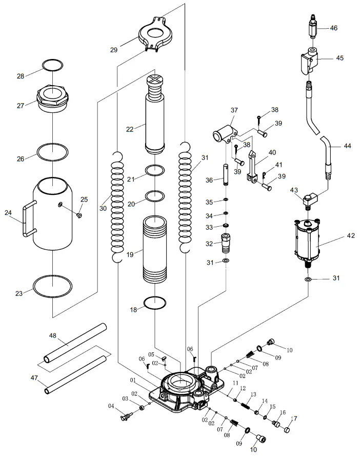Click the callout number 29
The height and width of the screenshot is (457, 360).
113,50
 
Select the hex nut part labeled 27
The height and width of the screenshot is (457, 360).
52,97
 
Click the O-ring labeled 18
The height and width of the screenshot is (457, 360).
155,303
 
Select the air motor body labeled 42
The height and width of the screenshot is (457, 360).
307,241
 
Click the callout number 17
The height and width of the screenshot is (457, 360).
294,419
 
